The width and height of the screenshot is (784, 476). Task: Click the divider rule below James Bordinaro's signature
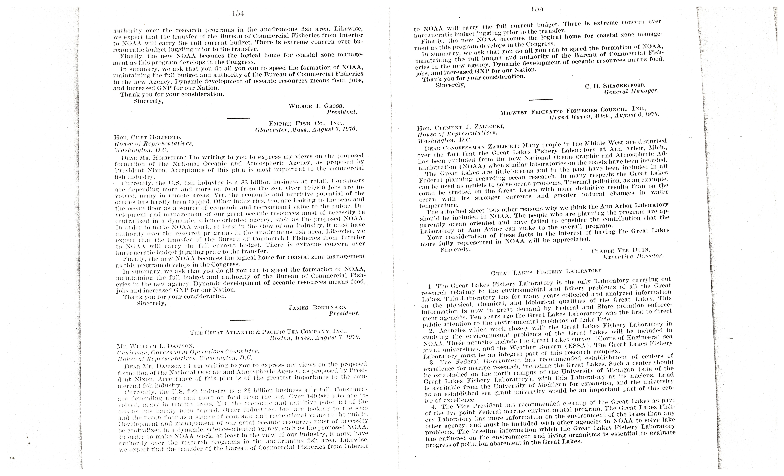coord(242,320)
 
